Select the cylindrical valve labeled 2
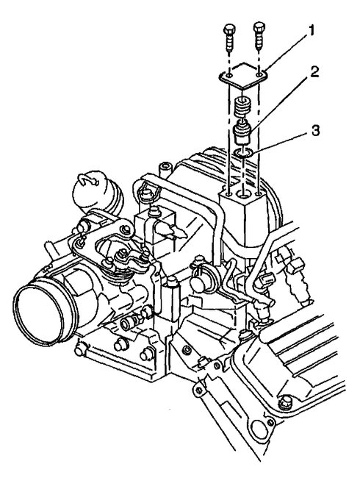click(243, 137)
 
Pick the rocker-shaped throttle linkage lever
click(129, 257)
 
